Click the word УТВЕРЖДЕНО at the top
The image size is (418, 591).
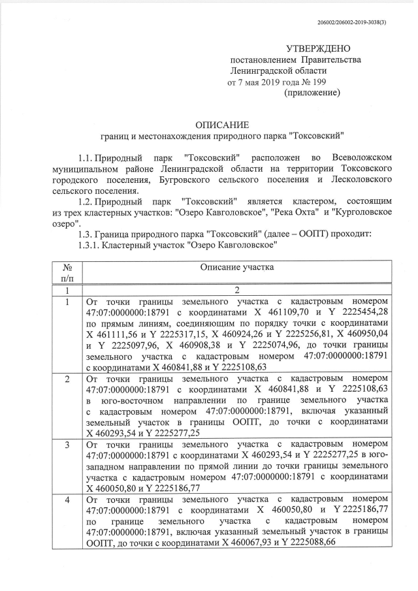tap(319, 49)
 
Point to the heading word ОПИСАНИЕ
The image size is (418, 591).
tap(223, 125)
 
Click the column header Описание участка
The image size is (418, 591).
tap(237, 266)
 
